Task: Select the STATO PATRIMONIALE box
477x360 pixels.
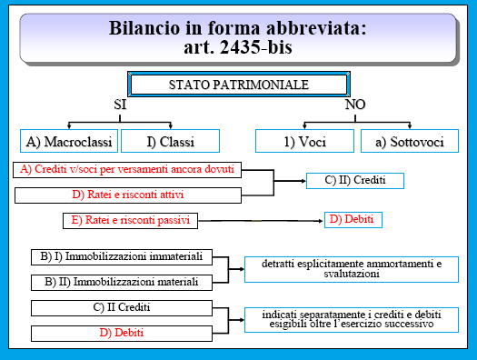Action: pos(239,85)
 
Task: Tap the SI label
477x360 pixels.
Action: pos(119,105)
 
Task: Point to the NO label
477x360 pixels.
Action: pos(355,105)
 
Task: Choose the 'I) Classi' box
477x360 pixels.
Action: pos(170,141)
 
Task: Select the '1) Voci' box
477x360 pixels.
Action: pos(303,141)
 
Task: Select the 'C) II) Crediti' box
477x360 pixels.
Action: pos(354,180)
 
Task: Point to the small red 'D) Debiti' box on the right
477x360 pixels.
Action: pos(353,219)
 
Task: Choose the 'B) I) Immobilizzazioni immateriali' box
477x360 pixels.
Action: pos(121,255)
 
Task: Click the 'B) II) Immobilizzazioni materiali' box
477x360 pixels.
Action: pos(121,282)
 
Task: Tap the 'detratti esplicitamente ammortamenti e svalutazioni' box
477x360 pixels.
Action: pos(348,269)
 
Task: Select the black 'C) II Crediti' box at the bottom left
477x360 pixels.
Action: pos(121,307)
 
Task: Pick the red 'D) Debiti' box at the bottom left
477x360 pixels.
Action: pos(121,333)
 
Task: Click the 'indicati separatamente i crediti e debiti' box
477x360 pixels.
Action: pos(348,319)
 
